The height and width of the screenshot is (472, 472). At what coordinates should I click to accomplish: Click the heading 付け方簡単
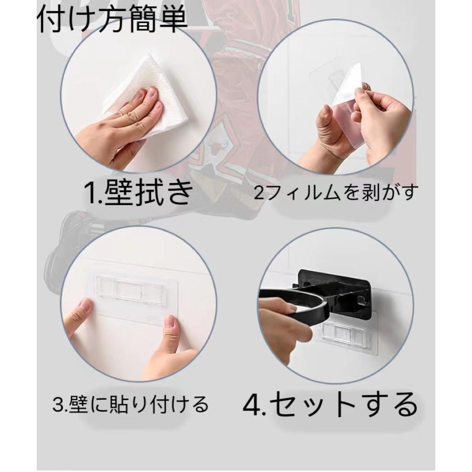tap(112, 20)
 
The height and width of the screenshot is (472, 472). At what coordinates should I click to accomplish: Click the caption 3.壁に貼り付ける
tap(131, 404)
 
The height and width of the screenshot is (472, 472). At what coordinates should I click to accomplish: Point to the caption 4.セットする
tap(331, 404)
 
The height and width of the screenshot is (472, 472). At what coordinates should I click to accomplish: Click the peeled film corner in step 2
tap(352, 84)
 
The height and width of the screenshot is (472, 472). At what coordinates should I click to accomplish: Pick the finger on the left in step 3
tap(79, 317)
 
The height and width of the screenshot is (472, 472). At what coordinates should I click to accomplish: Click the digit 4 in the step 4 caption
tap(253, 405)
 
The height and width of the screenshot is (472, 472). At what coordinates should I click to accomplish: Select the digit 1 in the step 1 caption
tap(90, 193)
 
